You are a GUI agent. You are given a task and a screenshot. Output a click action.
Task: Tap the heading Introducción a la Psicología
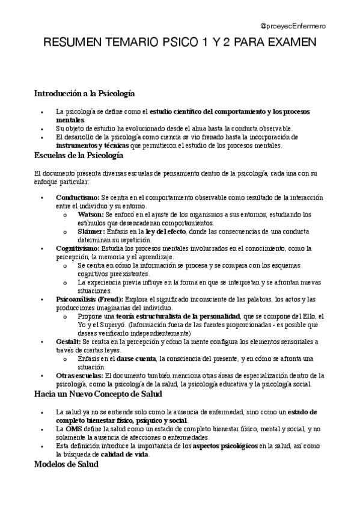click(x=84, y=94)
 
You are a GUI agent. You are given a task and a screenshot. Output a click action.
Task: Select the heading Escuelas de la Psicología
click(x=78, y=156)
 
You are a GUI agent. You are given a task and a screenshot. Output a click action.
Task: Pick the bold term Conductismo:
click(x=78, y=198)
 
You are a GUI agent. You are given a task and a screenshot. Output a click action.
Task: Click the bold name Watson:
click(x=91, y=215)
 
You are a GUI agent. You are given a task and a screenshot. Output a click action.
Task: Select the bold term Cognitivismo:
click(x=78, y=248)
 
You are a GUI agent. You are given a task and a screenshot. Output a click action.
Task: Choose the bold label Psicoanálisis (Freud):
click(x=89, y=300)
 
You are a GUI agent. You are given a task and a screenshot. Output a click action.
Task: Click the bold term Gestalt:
click(x=69, y=342)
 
